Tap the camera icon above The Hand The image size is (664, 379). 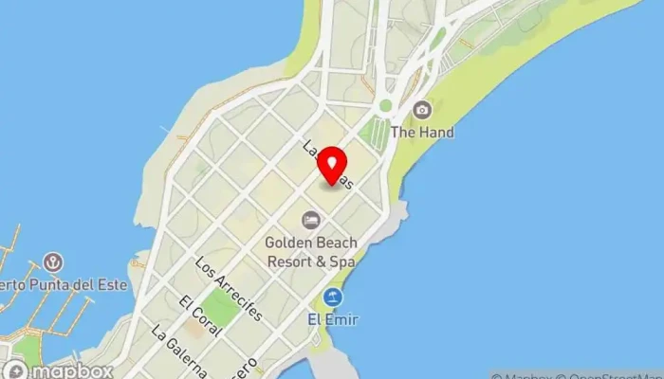coord(422,110)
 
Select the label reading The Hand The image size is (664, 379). coord(422,133)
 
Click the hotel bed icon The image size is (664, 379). coord(310,220)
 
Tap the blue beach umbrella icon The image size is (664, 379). coord(332,298)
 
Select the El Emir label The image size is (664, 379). coord(332,320)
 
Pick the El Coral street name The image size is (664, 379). coord(199,316)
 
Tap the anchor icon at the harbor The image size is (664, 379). coord(54,262)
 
